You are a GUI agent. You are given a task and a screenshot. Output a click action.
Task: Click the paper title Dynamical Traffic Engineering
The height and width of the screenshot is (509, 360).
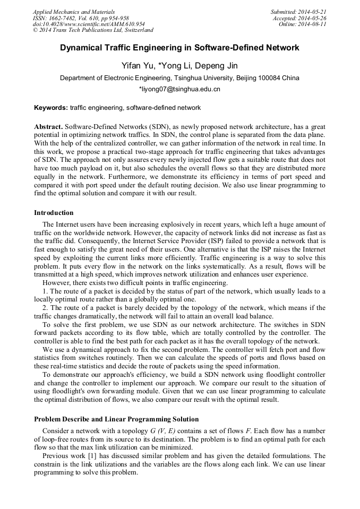pyautogui.click(x=179, y=48)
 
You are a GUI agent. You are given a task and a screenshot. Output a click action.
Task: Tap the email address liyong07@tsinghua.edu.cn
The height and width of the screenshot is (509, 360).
pyautogui.click(x=179, y=89)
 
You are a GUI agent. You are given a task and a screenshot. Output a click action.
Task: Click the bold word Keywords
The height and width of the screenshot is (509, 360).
pyautogui.click(x=50, y=108)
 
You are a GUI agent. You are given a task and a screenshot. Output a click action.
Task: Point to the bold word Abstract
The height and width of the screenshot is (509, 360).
pyautogui.click(x=48, y=127)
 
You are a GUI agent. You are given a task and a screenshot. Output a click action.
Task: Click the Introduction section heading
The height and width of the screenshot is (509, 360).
pyautogui.click(x=54, y=213)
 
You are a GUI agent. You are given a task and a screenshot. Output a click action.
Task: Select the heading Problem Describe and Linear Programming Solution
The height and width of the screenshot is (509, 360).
pyautogui.click(x=116, y=419)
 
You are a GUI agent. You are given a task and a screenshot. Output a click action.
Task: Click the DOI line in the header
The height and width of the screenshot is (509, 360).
pyautogui.click(x=88, y=24)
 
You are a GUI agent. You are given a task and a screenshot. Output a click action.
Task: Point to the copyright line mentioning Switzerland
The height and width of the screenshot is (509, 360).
pyautogui.click(x=93, y=31)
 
